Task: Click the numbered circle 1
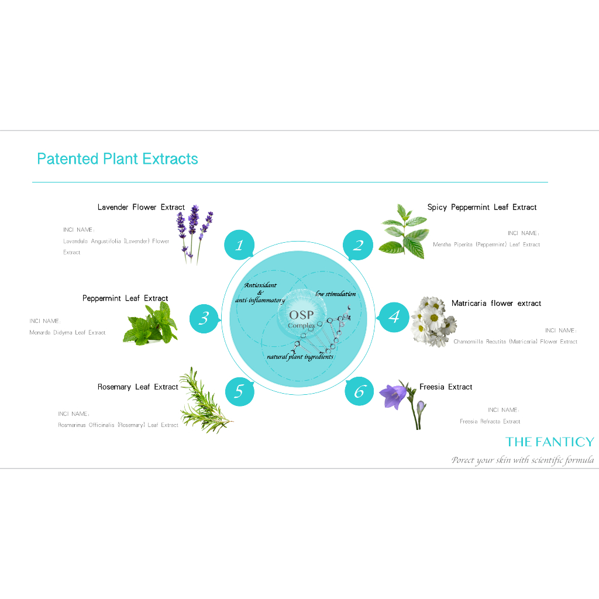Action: (x=239, y=245)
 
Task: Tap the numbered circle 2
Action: (x=358, y=245)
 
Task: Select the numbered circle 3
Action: (x=204, y=318)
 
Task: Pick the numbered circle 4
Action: (x=394, y=317)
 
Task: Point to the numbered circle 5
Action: (x=239, y=391)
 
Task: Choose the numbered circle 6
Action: (x=359, y=391)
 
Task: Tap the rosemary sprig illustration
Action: (x=205, y=400)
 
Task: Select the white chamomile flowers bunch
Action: (x=433, y=322)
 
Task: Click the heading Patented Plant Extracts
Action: (x=117, y=159)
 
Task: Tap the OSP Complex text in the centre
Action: (x=301, y=319)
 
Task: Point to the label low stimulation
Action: (x=335, y=294)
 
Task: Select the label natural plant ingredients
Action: (x=300, y=356)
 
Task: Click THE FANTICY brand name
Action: (x=550, y=442)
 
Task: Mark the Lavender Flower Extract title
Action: (x=141, y=207)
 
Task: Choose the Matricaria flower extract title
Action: (x=496, y=304)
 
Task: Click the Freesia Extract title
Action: (x=446, y=387)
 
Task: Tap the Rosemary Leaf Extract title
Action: (x=138, y=387)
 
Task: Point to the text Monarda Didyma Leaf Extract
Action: (x=67, y=333)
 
